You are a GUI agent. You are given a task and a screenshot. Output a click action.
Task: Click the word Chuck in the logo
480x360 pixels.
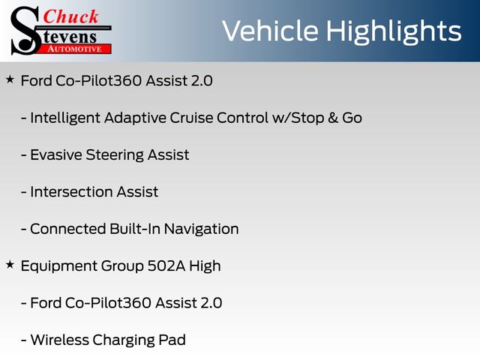tap(70, 16)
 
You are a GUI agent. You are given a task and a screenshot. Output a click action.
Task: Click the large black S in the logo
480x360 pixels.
tap(25, 31)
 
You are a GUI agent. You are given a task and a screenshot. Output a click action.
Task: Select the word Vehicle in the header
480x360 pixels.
tap(270, 31)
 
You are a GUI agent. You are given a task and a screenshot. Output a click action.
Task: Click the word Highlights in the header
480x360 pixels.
tap(393, 31)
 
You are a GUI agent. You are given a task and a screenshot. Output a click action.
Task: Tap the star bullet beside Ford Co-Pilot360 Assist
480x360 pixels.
tap(10, 79)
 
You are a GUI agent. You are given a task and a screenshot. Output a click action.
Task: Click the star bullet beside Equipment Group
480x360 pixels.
tap(10, 265)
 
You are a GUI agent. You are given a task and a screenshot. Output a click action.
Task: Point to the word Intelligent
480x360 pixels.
tap(65, 118)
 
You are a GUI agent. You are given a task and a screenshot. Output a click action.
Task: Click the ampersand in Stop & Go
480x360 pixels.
tap(333, 118)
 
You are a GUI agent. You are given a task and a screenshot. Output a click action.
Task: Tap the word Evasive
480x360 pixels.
tap(56, 154)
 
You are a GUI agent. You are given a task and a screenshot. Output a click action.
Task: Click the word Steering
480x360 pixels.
tap(115, 155)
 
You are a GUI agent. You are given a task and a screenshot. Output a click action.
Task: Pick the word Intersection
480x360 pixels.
tap(71, 192)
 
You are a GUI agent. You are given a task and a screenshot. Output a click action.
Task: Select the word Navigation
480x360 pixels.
tap(201, 229)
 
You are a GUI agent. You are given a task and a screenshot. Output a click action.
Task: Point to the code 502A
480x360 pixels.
tap(166, 265)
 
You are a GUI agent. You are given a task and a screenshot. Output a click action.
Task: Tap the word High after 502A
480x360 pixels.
tap(205, 266)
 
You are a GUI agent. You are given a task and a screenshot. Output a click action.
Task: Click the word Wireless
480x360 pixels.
tap(60, 340)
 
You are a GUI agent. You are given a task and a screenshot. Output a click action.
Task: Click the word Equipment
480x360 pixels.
tap(58, 266)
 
